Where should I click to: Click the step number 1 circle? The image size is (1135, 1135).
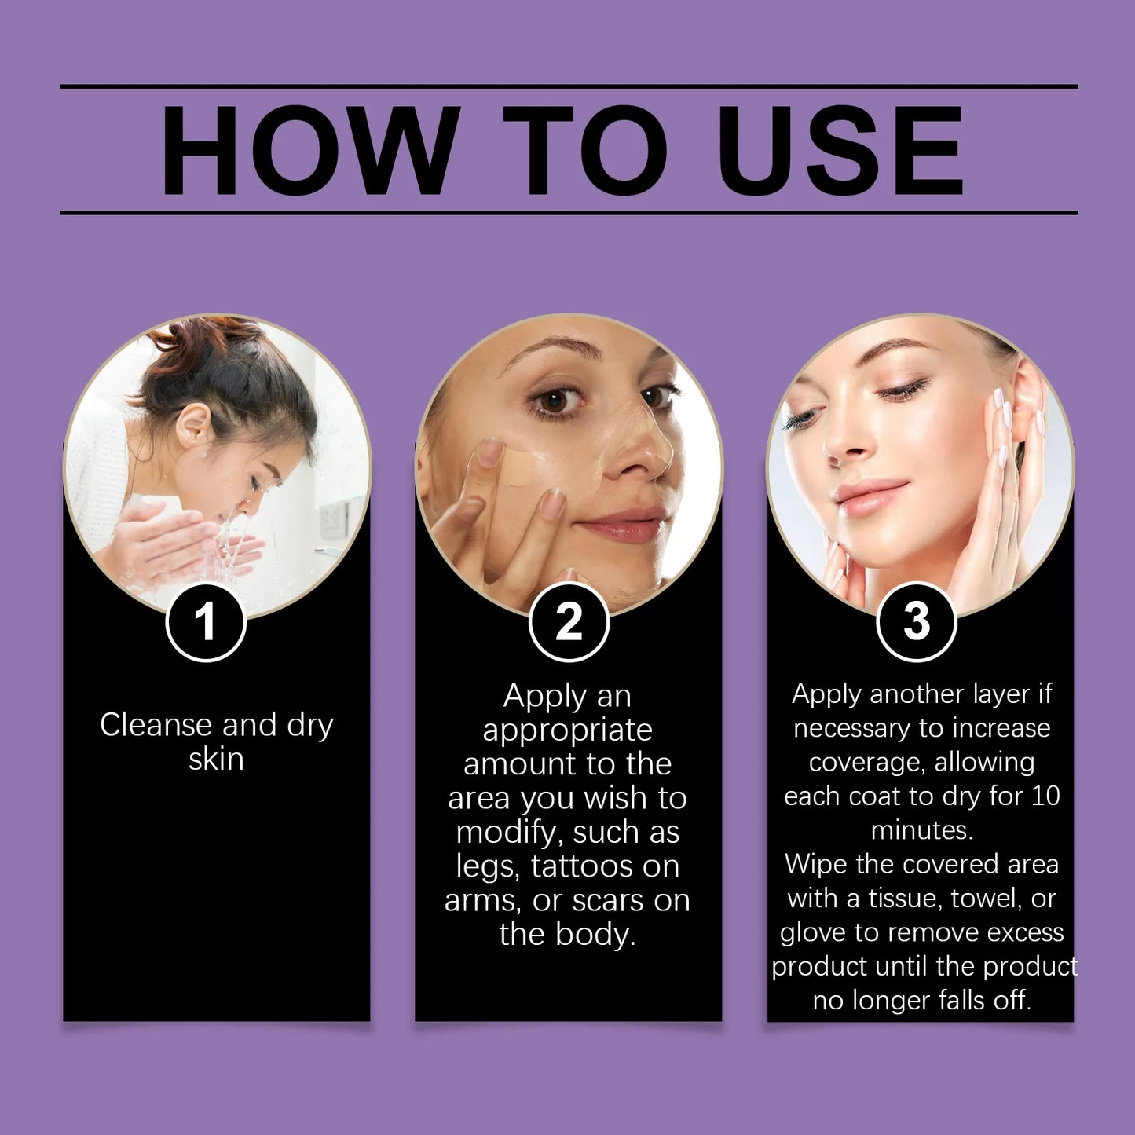206,622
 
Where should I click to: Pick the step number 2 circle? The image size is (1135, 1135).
569,622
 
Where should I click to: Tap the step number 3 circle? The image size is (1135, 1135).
916,622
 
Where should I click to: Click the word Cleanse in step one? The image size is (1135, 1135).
156,725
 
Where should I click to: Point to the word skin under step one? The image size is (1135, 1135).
216,760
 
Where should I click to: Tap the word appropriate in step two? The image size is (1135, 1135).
567,730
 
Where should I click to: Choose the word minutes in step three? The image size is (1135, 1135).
921,830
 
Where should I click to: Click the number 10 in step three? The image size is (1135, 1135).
1045,796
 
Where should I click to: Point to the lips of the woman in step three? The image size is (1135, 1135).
869,497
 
